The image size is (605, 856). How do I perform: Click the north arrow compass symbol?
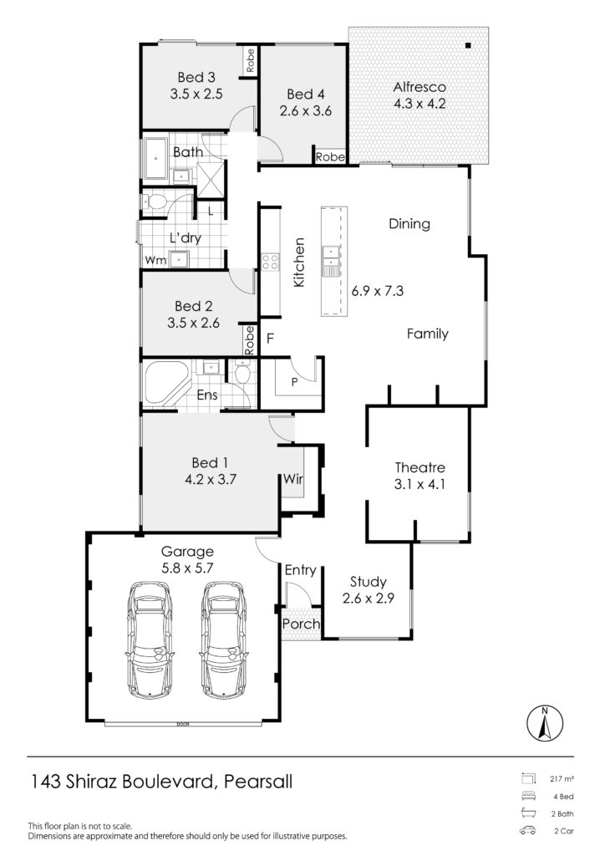(545, 724)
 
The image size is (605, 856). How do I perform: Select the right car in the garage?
(224, 639)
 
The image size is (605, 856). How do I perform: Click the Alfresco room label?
(419, 87)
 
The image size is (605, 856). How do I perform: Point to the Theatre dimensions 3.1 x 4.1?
(419, 484)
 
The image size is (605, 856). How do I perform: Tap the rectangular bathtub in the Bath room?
(156, 158)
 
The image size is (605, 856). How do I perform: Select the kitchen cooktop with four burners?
(270, 262)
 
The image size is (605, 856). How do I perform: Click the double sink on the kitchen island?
(331, 261)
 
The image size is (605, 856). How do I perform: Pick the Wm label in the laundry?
(155, 261)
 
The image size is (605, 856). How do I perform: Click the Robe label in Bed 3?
(250, 60)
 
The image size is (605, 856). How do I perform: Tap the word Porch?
(301, 624)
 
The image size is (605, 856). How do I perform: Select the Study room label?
(369, 582)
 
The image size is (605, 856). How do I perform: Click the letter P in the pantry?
(295, 382)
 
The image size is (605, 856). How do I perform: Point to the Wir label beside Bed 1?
(293, 479)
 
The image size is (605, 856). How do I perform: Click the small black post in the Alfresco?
(468, 46)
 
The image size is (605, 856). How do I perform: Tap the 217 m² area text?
(562, 779)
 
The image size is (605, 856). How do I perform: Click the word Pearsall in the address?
(258, 782)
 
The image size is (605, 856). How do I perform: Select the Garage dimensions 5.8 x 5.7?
(187, 568)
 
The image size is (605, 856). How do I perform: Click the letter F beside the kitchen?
(270, 339)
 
